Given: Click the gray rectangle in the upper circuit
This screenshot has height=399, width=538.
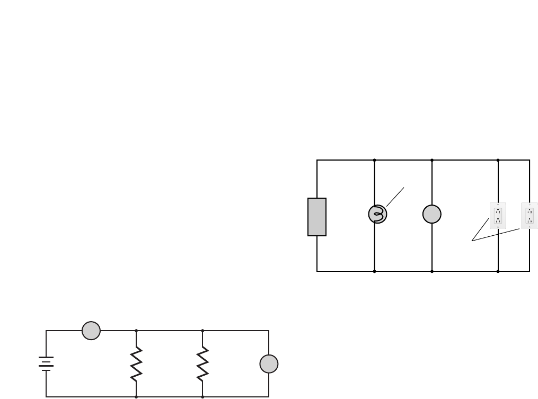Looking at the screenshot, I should (x=317, y=217).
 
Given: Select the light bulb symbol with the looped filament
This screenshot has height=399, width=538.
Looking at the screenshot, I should (x=377, y=214).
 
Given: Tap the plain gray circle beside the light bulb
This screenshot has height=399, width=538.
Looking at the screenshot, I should (x=432, y=214).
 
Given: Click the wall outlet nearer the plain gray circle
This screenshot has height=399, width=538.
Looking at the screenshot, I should (x=498, y=216).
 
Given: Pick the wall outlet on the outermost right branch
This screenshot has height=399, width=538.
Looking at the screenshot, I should (x=530, y=216).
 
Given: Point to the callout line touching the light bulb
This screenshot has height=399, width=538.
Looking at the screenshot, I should (x=395, y=197).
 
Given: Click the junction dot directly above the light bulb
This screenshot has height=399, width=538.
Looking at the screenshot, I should (x=375, y=160).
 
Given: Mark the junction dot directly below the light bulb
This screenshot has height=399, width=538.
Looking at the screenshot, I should (x=375, y=271).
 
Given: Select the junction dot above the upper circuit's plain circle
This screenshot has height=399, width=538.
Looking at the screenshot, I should (x=432, y=160).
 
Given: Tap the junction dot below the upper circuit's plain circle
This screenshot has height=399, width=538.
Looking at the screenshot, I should (x=432, y=271).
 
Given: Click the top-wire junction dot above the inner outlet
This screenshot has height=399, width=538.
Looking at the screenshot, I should (x=498, y=160).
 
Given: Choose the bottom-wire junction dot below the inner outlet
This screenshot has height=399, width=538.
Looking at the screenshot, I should (x=498, y=271).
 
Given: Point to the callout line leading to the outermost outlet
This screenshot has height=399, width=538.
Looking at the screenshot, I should (x=496, y=235).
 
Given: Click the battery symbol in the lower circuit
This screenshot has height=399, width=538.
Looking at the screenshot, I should (x=46, y=363).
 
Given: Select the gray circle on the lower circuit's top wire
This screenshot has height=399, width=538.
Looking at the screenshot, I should (x=91, y=331).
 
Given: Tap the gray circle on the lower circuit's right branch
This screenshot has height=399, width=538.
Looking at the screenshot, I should (x=269, y=364).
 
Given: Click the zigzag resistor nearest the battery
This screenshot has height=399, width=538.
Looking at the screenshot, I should (x=136, y=363).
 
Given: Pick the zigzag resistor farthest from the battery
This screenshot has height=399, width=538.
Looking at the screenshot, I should (x=202, y=363).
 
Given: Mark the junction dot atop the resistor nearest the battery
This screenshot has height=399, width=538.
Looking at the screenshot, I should (x=136, y=331).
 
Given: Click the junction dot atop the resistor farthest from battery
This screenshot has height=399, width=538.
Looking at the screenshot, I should (x=202, y=331).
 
